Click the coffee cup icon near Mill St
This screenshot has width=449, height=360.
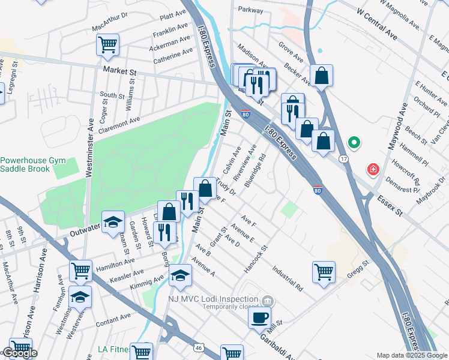(x=259, y=317)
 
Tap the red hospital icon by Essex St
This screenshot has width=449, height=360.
(x=374, y=170)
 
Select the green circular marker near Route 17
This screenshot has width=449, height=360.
(x=354, y=143)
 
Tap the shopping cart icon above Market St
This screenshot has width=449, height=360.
(x=107, y=44)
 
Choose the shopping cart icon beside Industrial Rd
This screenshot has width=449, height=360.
(x=324, y=272)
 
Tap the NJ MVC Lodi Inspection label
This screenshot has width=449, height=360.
(x=221, y=299)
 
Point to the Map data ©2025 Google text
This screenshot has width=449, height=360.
(x=412, y=355)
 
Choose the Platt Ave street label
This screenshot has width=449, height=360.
(x=173, y=13)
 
